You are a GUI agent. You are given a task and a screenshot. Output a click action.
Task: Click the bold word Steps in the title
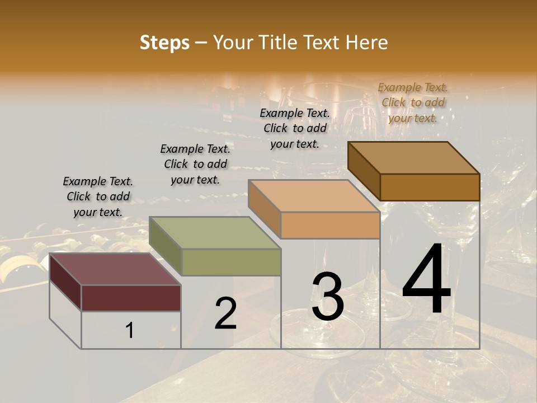[164, 43]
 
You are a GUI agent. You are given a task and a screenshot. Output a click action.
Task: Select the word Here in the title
[366, 43]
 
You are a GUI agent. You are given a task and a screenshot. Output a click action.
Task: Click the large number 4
[426, 281]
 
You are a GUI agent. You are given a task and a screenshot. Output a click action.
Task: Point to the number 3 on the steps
[327, 297]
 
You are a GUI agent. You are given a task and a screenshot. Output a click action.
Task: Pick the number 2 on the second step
[225, 314]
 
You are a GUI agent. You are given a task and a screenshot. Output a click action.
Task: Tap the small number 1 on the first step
[130, 331]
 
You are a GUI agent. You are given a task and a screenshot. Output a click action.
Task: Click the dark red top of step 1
[115, 269]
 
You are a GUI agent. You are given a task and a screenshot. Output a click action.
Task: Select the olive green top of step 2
[214, 233]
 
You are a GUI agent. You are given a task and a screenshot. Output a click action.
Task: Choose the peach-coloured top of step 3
[313, 196]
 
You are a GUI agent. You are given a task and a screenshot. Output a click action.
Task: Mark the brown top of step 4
[413, 158]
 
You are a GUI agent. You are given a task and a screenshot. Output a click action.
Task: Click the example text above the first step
[98, 196]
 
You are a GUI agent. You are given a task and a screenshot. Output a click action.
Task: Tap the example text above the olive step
[195, 164]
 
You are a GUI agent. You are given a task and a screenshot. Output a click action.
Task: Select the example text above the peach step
[295, 128]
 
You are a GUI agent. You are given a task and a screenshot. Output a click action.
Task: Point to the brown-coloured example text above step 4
[413, 102]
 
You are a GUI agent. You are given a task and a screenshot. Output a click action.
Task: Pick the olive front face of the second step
[231, 262]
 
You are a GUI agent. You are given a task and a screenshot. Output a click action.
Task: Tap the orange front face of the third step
[330, 225]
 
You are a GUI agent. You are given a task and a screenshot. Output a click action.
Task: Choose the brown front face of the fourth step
[430, 187]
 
